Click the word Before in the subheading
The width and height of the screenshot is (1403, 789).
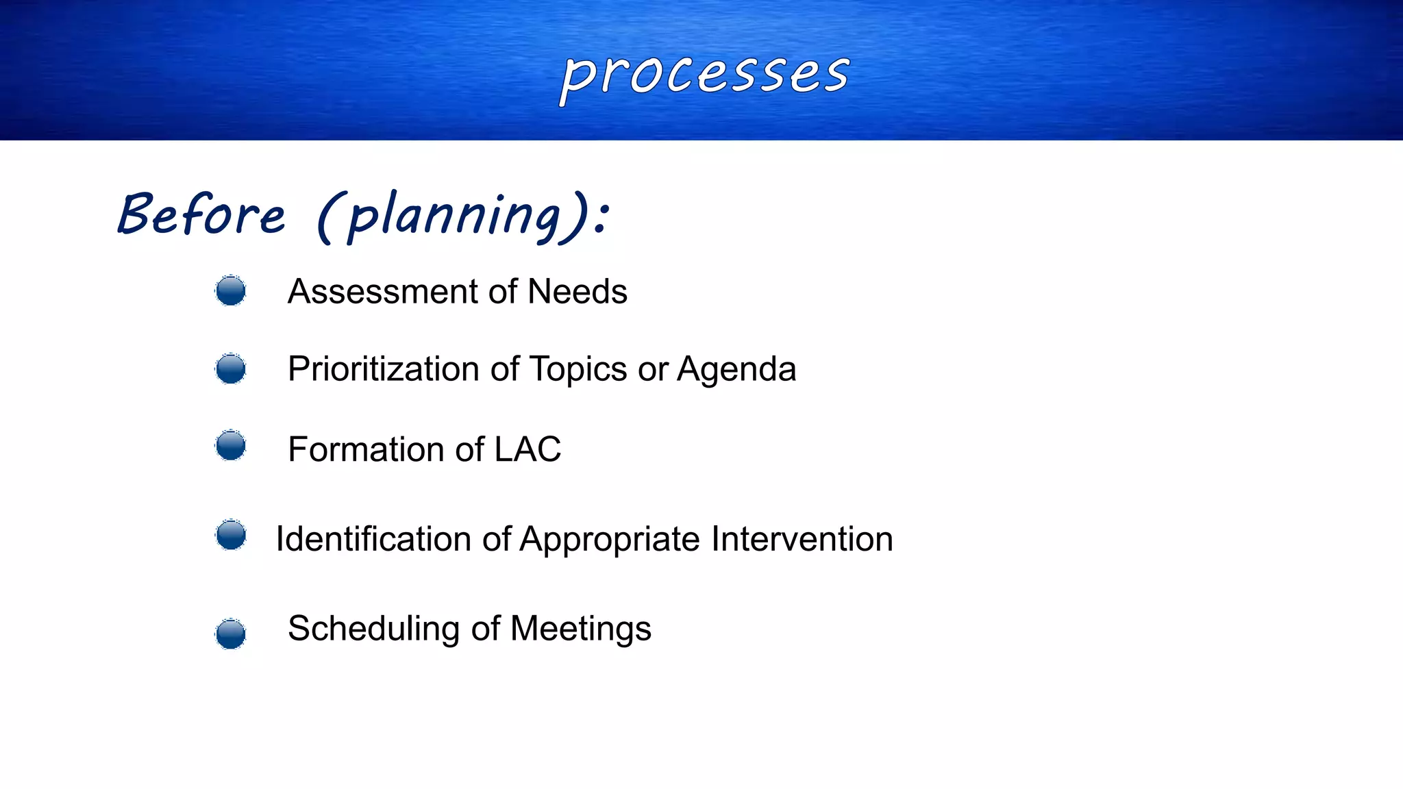pyautogui.click(x=201, y=215)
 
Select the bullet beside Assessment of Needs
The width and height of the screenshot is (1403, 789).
pyautogui.click(x=230, y=291)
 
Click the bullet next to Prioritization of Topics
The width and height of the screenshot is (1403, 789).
pyautogui.click(x=230, y=369)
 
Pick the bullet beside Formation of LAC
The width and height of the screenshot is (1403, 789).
pyautogui.click(x=230, y=446)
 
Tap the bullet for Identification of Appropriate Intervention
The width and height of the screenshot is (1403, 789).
pyautogui.click(x=231, y=535)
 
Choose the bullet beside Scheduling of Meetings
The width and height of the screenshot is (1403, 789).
pyautogui.click(x=230, y=634)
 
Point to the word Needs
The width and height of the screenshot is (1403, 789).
pyautogui.click(x=578, y=292)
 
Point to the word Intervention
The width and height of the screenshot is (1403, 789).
pyautogui.click(x=802, y=539)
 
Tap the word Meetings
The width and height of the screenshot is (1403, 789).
pyautogui.click(x=581, y=629)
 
